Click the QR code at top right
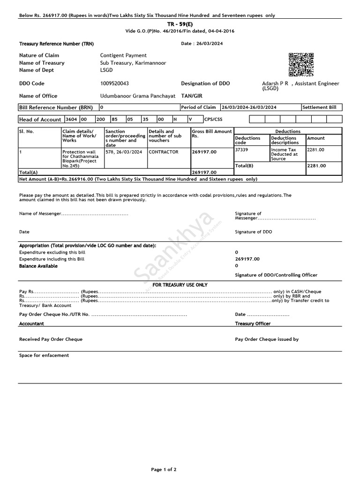300,65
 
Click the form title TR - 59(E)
180,23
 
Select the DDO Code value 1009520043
114,83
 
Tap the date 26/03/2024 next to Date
210,44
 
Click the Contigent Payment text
123,55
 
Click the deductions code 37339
242,150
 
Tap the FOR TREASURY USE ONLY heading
180,285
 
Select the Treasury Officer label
253,324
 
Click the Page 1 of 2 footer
164,469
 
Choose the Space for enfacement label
44,355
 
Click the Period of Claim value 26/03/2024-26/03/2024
249,107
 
